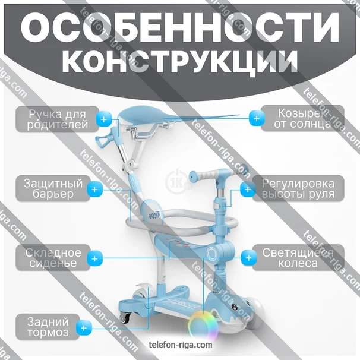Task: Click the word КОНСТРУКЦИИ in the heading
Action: tap(180, 61)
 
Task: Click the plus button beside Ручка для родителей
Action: tap(105, 119)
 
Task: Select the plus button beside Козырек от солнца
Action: tap(256, 119)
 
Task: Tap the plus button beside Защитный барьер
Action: tap(94, 189)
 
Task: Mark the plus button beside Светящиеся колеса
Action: tap(247, 258)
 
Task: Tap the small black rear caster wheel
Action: tap(125, 318)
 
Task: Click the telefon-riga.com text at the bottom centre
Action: tap(180, 344)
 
